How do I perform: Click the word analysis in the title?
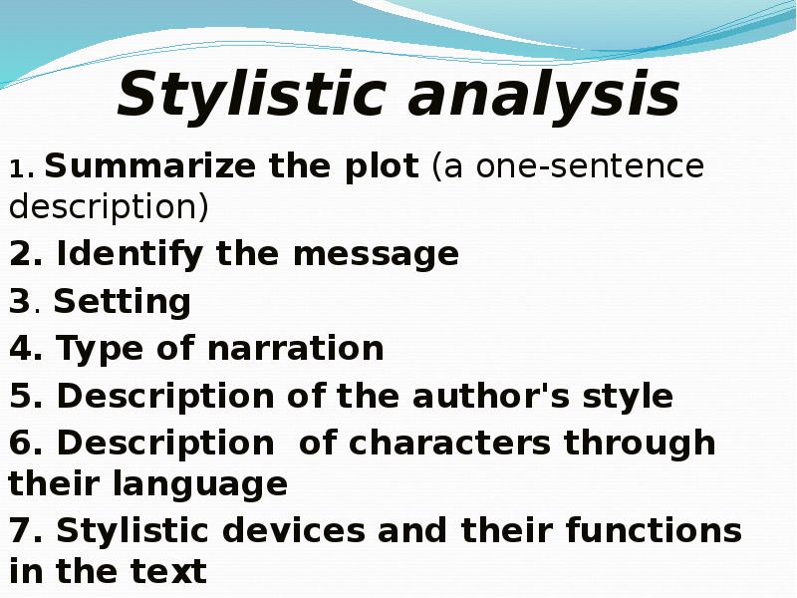pyautogui.click(x=544, y=94)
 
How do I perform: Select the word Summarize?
pyautogui.click(x=150, y=165)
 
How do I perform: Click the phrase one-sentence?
pyautogui.click(x=590, y=166)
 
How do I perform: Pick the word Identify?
pyautogui.click(x=130, y=255)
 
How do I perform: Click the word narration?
pyautogui.click(x=295, y=348)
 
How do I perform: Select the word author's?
pyautogui.click(x=491, y=396)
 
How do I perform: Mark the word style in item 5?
pyautogui.click(x=628, y=398)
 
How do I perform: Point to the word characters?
pyautogui.click(x=449, y=443)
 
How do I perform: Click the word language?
pyautogui.click(x=199, y=485)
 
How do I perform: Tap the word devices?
pyautogui.click(x=294, y=530)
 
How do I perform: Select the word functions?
pyautogui.click(x=654, y=530)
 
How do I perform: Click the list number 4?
pyautogui.click(x=20, y=348)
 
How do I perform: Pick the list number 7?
pyautogui.click(x=20, y=530)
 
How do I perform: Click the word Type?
pyautogui.click(x=100, y=350)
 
